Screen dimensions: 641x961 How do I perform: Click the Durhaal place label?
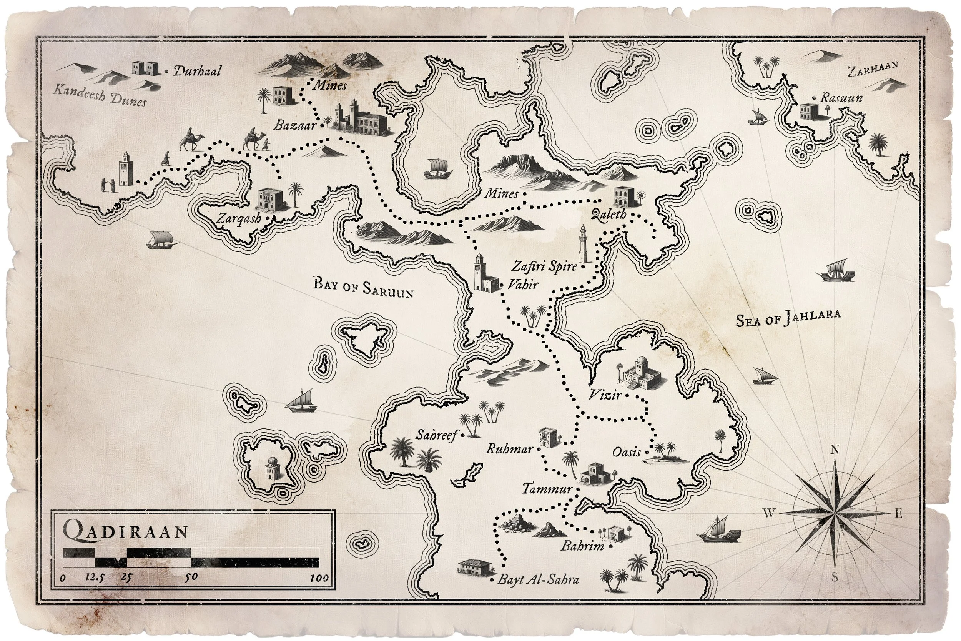pyautogui.click(x=197, y=71)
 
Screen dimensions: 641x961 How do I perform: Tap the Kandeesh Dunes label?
pyautogui.click(x=100, y=96)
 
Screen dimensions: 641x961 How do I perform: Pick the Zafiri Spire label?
pyautogui.click(x=544, y=266)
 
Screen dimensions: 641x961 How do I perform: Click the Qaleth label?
pyautogui.click(x=609, y=214)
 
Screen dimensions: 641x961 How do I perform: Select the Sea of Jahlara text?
pyautogui.click(x=788, y=318)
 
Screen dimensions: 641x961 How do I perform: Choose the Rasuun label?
pyautogui.click(x=841, y=98)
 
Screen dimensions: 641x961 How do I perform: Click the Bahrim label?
pyautogui.click(x=582, y=546)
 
